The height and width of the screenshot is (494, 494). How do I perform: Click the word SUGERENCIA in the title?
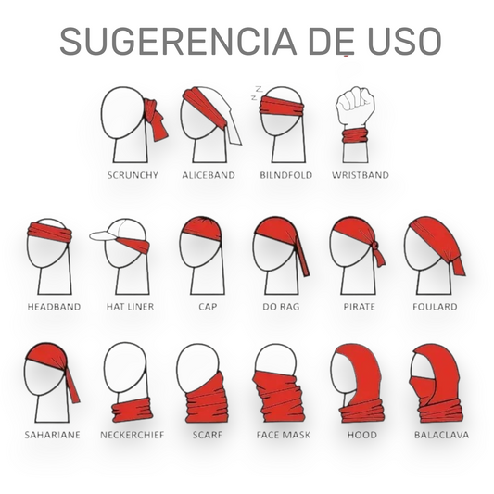point(178,42)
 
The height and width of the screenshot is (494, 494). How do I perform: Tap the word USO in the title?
point(404,42)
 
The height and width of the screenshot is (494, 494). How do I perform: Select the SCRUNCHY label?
point(133,175)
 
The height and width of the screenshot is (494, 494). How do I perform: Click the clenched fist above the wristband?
point(355,106)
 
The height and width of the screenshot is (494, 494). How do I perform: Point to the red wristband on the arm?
point(355,135)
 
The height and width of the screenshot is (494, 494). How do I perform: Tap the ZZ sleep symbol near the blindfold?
point(257,93)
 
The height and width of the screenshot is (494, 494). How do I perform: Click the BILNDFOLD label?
point(286,175)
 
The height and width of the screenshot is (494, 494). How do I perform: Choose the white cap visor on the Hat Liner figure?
point(104,235)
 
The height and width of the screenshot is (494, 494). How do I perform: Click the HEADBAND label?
point(54,307)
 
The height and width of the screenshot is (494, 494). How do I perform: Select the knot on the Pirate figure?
point(374,246)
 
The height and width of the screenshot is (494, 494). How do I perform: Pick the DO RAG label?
point(281,307)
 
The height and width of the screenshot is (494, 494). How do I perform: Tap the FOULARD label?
point(435,307)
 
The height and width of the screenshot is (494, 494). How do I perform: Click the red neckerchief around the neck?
point(133,410)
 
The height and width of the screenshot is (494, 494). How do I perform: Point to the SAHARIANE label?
point(52,435)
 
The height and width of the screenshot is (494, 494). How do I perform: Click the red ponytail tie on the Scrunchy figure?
point(155,119)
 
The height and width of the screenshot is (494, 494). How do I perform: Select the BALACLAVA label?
point(441,435)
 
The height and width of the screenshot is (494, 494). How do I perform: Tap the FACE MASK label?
point(284,435)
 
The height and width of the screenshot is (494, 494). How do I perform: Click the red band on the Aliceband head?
point(205,108)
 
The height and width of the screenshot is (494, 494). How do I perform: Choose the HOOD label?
point(362,435)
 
